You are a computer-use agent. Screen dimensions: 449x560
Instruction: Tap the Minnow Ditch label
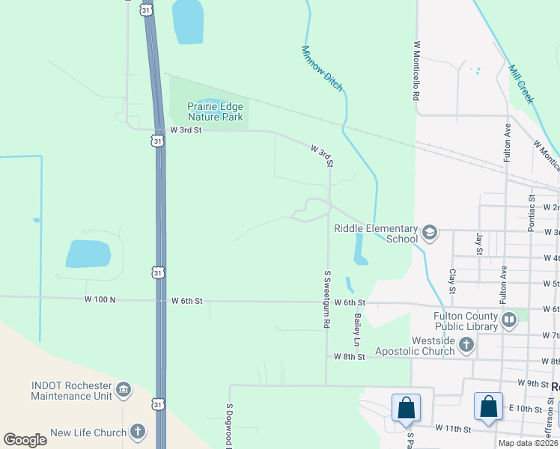(322, 69)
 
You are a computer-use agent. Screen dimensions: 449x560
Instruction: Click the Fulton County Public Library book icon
(509, 320)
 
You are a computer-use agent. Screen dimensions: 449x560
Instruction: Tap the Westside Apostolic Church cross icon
(466, 345)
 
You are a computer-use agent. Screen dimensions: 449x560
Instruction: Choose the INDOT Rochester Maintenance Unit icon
(124, 390)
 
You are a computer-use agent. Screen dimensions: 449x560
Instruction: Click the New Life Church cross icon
(138, 432)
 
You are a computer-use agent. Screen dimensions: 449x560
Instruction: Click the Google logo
(25, 440)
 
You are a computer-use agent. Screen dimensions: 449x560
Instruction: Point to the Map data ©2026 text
(528, 443)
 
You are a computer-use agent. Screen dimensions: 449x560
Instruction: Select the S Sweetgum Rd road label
(327, 299)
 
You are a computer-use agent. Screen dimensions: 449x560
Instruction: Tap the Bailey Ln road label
(357, 330)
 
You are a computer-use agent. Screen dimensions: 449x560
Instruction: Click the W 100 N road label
(102, 301)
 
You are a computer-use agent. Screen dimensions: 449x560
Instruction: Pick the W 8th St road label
(349, 357)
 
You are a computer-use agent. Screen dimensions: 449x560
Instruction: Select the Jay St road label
(479, 243)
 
